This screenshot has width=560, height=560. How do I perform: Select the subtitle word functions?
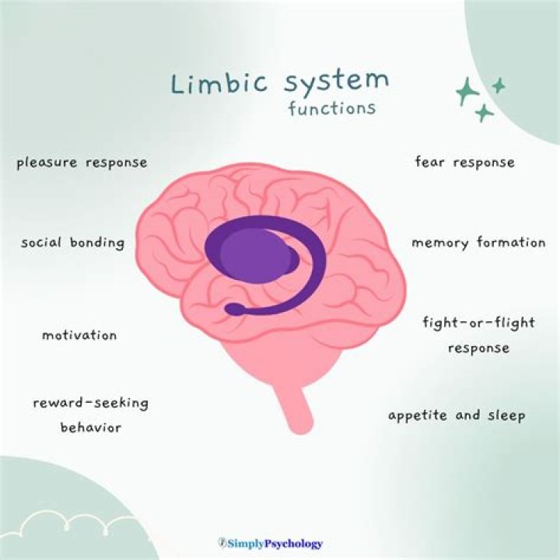coord(332,108)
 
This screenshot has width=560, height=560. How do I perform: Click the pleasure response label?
coord(82,163)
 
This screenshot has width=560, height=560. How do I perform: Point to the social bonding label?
coord(72,243)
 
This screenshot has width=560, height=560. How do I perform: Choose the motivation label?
coord(79,336)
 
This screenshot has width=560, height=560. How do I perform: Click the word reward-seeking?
coord(90,404)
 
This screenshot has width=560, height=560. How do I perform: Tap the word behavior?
coord(91,427)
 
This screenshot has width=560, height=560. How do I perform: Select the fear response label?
coord(464,163)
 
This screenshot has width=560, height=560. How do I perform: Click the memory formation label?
coord(478,243)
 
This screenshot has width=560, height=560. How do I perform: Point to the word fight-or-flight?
coord(478,324)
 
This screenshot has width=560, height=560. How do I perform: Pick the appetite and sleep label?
coord(457,415)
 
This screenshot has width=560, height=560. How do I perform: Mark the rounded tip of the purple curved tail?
coord(231,310)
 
